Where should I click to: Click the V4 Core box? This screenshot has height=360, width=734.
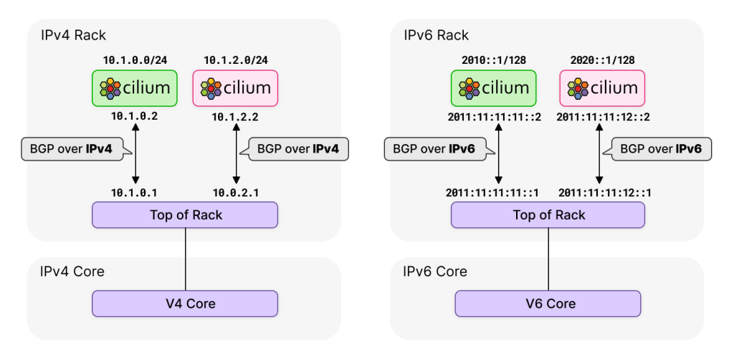point(185,303)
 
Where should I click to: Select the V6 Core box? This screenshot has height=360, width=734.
point(549,303)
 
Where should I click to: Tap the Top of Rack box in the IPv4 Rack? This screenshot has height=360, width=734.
point(185,214)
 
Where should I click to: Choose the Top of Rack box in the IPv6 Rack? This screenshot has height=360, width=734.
point(549,214)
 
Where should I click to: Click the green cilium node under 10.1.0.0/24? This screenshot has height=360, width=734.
point(135,87)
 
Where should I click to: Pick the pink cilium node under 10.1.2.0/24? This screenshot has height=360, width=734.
point(235,87)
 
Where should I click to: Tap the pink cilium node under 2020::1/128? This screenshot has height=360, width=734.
point(602,87)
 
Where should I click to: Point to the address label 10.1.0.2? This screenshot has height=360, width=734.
point(135,115)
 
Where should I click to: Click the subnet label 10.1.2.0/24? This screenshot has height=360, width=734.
point(235,60)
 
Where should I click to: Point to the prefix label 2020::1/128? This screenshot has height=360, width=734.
point(602,60)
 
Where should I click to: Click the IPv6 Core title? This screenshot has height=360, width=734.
point(435,271)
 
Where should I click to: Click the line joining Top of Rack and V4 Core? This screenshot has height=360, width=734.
point(186,258)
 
